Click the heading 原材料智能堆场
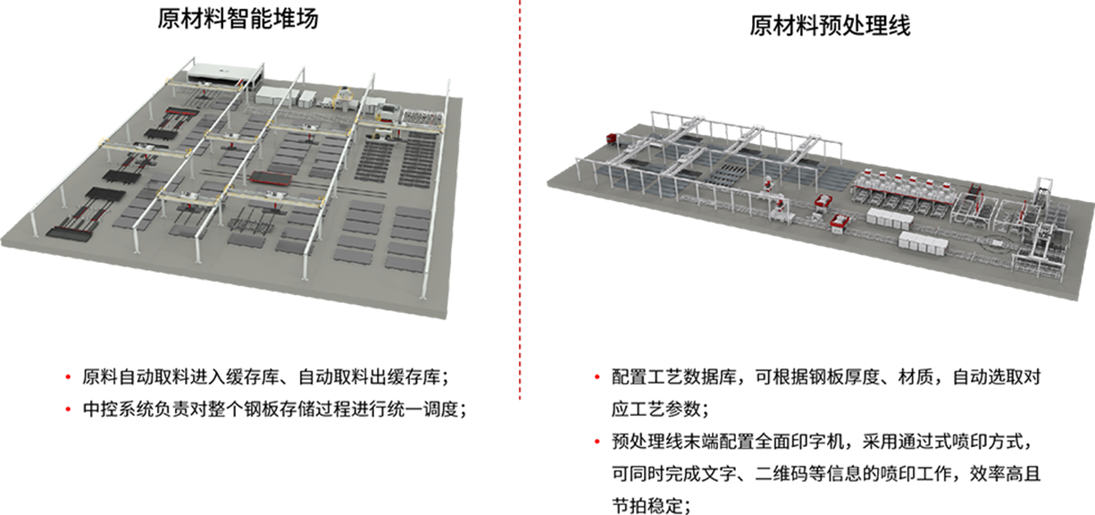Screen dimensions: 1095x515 (238, 19)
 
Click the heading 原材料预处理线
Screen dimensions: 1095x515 (830, 25)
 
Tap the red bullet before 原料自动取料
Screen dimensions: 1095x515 (68, 377)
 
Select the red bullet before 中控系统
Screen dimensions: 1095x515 (68, 409)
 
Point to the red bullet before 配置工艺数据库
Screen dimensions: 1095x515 (597, 377)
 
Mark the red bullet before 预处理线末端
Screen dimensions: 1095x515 (597, 442)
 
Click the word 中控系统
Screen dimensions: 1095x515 (118, 409)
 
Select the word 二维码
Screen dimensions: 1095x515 (782, 473)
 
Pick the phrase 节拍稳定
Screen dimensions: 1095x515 (648, 505)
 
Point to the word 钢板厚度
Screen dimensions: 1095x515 (844, 377)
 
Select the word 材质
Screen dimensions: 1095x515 (915, 377)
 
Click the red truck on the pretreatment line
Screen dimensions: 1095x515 (613, 139)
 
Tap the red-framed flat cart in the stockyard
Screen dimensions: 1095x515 (271, 178)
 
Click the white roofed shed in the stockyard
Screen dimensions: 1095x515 (226, 74)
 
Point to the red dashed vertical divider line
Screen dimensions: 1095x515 (520, 199)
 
